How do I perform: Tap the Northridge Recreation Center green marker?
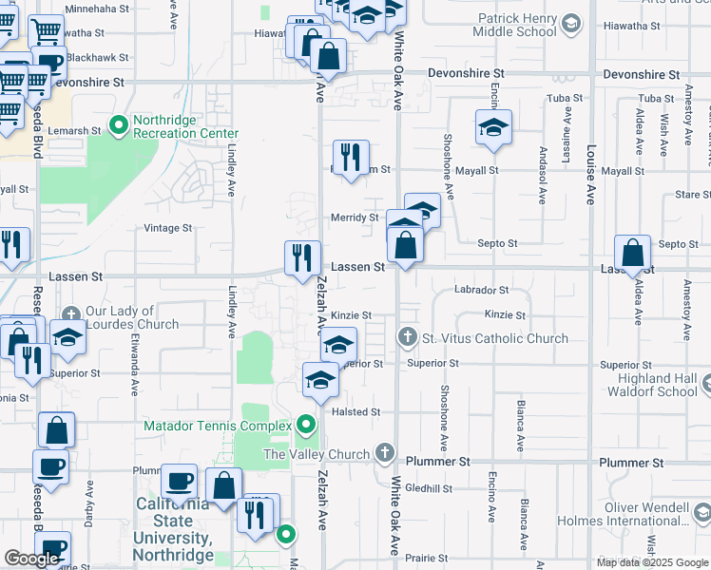119,125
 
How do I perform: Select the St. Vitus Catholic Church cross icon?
407,337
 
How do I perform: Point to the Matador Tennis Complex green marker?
306,425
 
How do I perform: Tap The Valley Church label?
316,454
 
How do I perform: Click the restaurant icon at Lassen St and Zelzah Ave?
303,257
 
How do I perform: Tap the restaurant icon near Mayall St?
351,157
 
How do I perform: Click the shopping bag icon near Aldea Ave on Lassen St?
632,253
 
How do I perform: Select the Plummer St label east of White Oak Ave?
439,462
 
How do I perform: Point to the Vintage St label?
167,228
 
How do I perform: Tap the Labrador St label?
481,290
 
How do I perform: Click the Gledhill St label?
429,488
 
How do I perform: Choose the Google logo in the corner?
31,559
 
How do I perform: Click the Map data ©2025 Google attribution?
652,562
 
